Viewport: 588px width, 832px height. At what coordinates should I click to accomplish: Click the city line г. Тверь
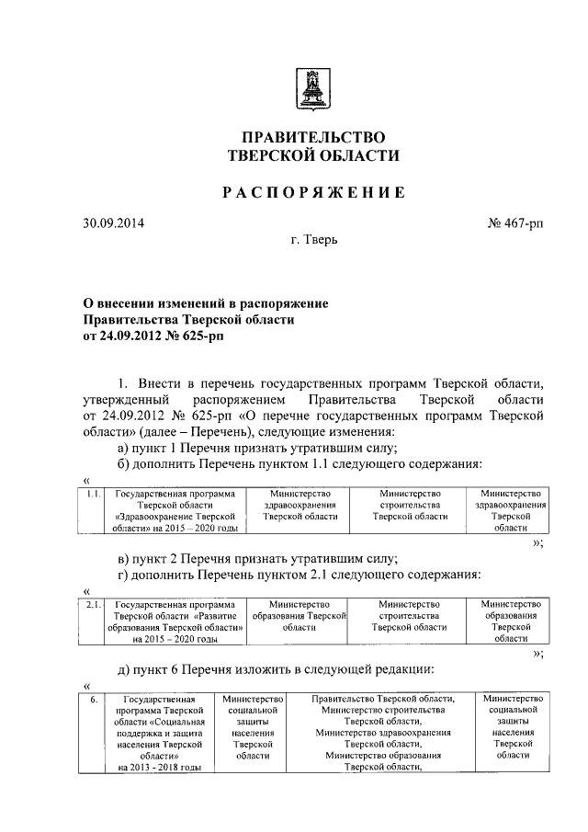coord(313,242)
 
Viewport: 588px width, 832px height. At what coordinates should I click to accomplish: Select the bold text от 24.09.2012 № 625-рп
coord(153,336)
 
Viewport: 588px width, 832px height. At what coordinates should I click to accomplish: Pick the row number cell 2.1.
coord(92,605)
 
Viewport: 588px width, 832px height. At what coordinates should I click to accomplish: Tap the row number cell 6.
coord(92,700)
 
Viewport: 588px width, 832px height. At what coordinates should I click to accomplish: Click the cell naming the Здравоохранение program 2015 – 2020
coord(175,511)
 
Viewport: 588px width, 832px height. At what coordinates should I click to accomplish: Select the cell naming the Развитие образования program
coord(175,621)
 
